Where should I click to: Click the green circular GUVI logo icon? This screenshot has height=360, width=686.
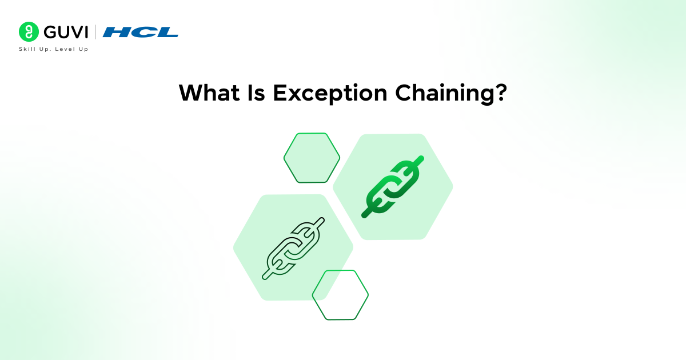pos(29,31)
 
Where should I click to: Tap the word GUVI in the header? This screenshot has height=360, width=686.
pos(66,32)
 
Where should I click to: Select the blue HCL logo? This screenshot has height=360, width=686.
pos(140,32)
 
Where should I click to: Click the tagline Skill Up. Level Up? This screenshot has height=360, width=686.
pos(54,49)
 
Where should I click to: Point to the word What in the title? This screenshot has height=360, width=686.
pos(209,93)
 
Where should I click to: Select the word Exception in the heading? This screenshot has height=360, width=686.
pos(330,94)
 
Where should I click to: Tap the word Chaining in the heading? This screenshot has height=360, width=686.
pos(444,94)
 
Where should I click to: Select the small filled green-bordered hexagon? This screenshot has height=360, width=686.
pos(312,158)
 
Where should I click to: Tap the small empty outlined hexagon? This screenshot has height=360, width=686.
pos(340,295)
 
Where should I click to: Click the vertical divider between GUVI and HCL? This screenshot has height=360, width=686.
pos(95,32)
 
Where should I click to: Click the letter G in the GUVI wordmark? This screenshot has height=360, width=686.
pos(50,32)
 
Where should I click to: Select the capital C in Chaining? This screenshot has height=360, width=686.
pos(403,93)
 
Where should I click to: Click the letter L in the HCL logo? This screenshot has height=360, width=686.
pos(167,32)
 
